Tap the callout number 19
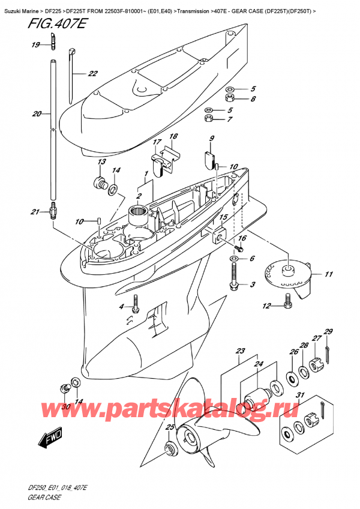35,45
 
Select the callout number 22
92,74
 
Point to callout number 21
35,211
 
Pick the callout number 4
121,307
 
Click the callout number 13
101,162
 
